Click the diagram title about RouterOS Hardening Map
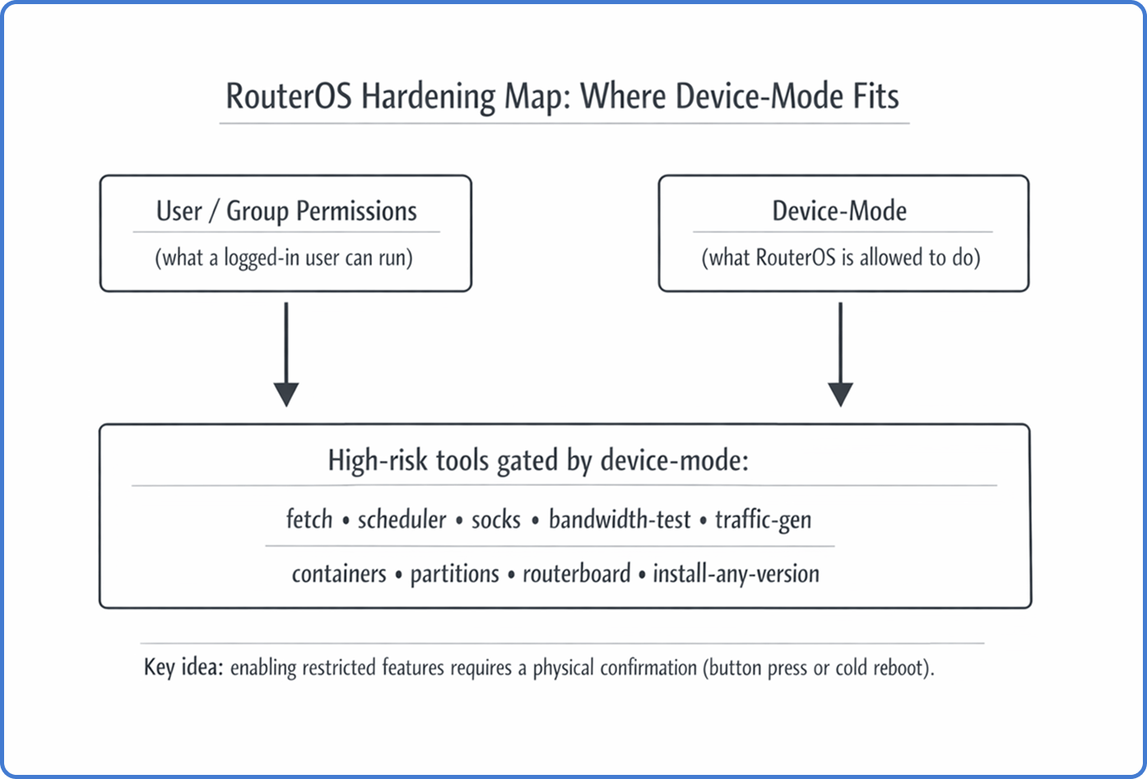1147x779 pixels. (x=563, y=96)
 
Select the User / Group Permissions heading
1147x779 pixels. (x=286, y=212)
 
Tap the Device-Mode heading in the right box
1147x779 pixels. (x=839, y=212)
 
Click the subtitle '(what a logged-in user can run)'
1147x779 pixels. (x=284, y=258)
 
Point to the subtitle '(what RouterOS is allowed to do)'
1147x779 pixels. (x=841, y=258)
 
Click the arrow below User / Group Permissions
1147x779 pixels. (x=286, y=354)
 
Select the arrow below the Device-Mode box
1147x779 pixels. (x=840, y=354)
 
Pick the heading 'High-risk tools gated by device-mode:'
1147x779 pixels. (x=538, y=459)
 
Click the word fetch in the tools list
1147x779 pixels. (x=309, y=520)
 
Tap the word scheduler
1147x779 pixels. (x=402, y=520)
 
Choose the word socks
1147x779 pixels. (x=496, y=520)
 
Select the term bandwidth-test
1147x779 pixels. (x=620, y=520)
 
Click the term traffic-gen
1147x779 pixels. (x=763, y=520)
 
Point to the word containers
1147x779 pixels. (x=339, y=573)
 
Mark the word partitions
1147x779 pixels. (x=454, y=573)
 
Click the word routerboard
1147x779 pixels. (x=576, y=573)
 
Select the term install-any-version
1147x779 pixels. (x=736, y=573)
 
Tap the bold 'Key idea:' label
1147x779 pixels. (x=183, y=667)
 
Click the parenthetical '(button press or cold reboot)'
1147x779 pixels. (x=818, y=667)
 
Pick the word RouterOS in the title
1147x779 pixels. (x=288, y=96)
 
